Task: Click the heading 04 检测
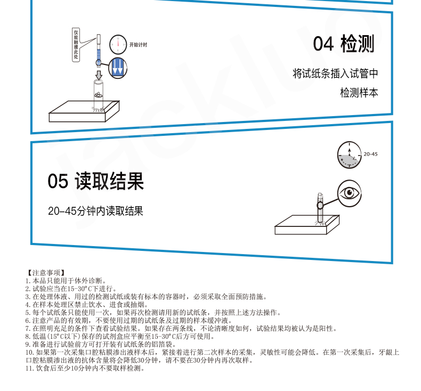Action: click(x=343, y=44)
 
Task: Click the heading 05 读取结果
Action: click(x=95, y=181)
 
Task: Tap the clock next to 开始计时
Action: click(x=118, y=45)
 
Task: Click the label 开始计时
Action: click(x=138, y=45)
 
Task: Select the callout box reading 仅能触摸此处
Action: click(x=76, y=45)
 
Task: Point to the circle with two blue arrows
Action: click(x=118, y=68)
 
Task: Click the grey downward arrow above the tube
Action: click(x=99, y=75)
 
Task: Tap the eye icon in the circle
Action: click(x=349, y=193)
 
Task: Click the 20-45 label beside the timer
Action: click(x=370, y=154)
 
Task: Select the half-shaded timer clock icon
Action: click(x=349, y=155)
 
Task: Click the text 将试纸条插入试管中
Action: click(x=335, y=74)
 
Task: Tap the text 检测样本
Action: click(x=359, y=93)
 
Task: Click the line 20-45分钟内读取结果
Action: click(x=95, y=211)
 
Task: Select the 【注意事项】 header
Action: click(x=46, y=273)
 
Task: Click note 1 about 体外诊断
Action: click(x=66, y=281)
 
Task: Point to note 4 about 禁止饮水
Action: click(x=87, y=305)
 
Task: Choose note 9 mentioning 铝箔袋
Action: click(x=101, y=344)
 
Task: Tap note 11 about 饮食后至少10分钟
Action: click(x=86, y=368)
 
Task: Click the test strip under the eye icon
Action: click(x=320, y=208)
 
